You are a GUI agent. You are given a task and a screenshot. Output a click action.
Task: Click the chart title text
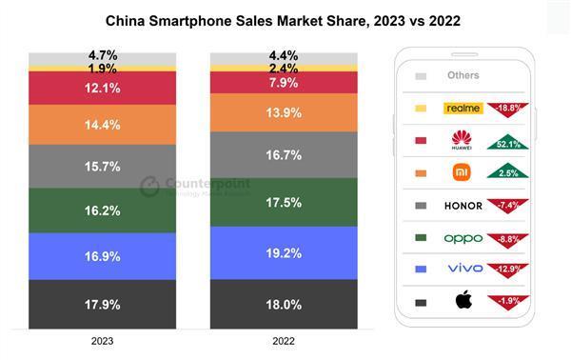[x=285, y=19]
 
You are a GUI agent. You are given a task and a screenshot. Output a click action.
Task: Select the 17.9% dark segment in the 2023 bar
[x=103, y=304]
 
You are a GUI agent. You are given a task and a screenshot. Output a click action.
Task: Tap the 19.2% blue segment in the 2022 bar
[x=284, y=252]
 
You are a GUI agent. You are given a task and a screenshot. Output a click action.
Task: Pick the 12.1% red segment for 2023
[x=103, y=88]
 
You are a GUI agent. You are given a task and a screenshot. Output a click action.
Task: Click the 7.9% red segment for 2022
[x=284, y=83]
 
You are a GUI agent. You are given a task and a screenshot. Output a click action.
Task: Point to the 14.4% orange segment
[x=103, y=124]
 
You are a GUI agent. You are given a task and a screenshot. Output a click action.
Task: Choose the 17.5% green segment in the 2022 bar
[x=284, y=202]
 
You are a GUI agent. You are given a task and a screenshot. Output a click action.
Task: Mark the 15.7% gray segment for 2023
[x=103, y=166]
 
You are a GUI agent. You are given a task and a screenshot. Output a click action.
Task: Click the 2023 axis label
[x=103, y=340]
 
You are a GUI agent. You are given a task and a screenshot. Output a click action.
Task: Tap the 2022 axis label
[x=284, y=340]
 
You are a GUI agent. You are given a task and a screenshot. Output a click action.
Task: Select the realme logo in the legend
[x=463, y=109]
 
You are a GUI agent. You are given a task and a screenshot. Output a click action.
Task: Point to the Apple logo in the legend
[x=463, y=303]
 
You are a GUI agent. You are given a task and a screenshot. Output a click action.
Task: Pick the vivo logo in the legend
[x=463, y=269]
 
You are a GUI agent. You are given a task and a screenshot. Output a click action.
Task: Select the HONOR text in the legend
[x=463, y=205]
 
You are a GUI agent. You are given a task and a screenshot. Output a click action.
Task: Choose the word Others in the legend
[x=463, y=75]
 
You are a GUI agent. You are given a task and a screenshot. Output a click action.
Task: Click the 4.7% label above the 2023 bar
[x=103, y=56]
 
